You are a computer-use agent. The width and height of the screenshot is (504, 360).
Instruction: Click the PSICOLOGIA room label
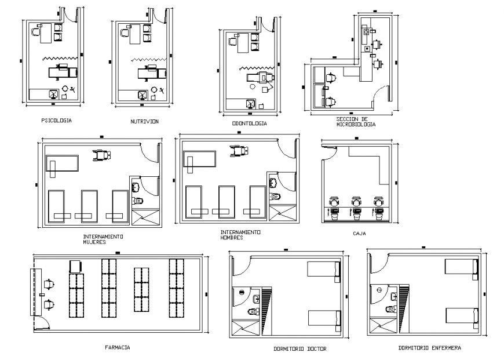(x=57, y=121)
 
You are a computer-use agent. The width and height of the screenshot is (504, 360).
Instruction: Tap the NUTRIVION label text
(x=144, y=122)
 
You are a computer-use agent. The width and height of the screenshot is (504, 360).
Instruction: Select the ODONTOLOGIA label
(x=249, y=123)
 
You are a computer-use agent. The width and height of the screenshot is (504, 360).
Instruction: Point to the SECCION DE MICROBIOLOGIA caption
(x=356, y=122)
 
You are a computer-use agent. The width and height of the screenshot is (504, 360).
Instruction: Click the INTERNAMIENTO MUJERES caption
(x=103, y=239)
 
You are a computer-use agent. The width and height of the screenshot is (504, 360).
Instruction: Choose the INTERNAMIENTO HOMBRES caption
(x=240, y=235)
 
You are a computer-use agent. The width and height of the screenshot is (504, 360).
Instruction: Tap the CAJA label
(x=359, y=234)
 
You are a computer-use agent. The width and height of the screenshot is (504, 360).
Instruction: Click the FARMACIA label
(x=117, y=347)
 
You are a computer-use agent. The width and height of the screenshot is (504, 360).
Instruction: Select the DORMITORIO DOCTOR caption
(x=300, y=349)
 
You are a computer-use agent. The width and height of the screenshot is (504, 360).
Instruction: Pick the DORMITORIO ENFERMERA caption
(x=430, y=348)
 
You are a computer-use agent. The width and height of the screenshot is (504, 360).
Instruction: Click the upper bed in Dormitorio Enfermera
(x=461, y=267)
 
